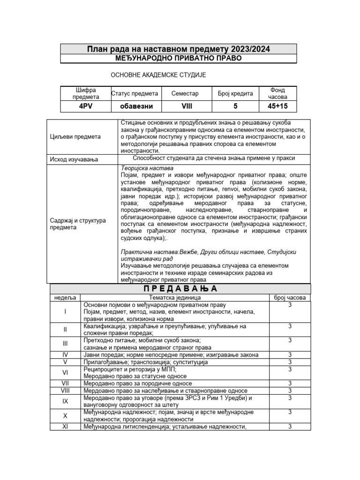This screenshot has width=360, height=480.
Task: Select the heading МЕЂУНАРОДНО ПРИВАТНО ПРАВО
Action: [179, 58]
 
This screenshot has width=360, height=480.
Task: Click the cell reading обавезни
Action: [135, 106]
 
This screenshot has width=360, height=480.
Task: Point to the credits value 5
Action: [235, 106]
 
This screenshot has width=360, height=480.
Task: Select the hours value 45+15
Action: [277, 106]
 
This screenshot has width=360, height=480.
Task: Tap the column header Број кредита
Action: [235, 93]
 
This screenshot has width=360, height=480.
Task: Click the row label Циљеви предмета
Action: [75, 137]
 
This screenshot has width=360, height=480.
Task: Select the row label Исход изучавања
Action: [74, 160]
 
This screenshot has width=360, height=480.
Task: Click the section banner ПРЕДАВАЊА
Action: [180, 289]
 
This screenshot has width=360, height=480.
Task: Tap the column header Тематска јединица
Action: [174, 298]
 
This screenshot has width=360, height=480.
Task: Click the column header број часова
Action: [290, 298]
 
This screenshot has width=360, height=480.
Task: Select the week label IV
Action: [65, 355]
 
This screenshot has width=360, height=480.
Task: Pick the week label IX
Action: [65, 401]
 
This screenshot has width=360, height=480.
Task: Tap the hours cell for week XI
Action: [290, 426]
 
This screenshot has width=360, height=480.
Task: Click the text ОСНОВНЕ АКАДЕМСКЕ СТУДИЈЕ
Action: [158, 75]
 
